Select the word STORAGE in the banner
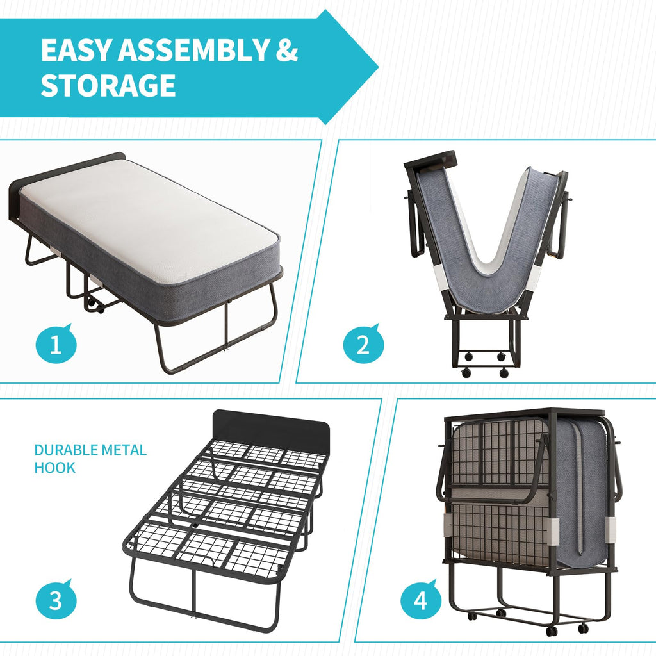[108, 85]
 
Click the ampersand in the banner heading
[286, 50]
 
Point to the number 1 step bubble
[56, 345]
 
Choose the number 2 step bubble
[363, 345]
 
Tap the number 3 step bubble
[56, 600]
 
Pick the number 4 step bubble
[421, 600]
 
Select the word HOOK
[55, 468]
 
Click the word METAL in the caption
[124, 450]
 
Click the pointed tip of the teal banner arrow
[378, 67]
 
